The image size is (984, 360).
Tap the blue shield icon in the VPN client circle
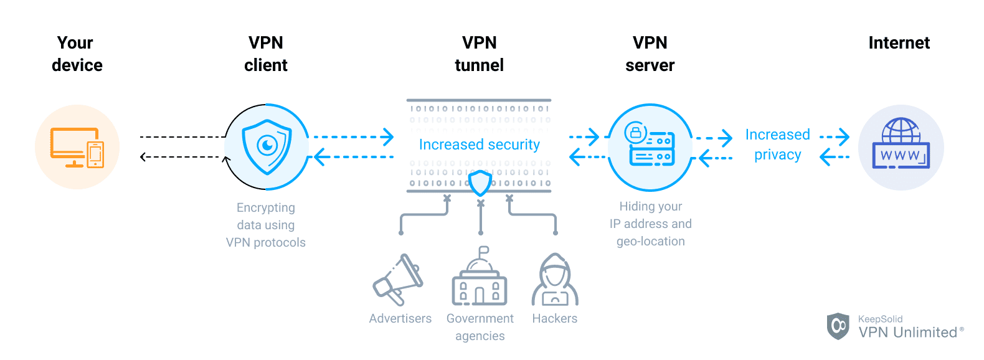tap(267, 146)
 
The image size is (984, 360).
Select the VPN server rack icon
tap(652, 148)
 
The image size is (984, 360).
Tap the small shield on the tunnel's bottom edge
tap(480, 183)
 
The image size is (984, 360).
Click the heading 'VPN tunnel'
tap(479, 54)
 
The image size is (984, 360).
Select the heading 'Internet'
tap(899, 43)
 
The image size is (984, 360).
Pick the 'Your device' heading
tap(76, 54)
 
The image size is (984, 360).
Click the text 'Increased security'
tap(479, 144)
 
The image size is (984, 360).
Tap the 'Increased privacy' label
tap(777, 144)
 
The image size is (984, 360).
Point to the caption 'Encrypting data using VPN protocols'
tap(266, 225)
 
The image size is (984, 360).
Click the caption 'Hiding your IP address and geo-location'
tap(650, 224)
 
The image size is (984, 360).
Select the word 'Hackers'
tap(554, 318)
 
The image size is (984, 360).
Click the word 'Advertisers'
tap(400, 318)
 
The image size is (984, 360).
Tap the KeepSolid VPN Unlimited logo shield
tap(838, 326)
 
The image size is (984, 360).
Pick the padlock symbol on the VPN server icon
tap(635, 132)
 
